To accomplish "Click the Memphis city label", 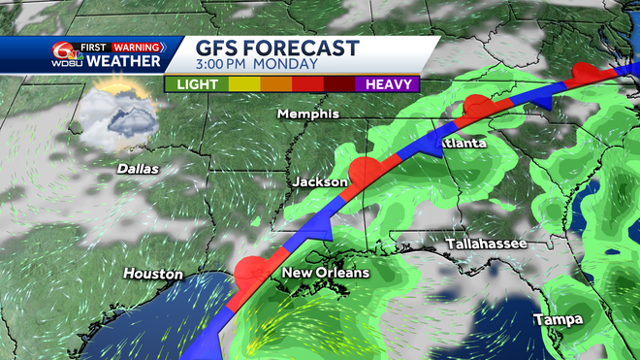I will click(307, 115).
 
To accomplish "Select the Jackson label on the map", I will click(320, 181).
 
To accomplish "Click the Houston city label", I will click(152, 275).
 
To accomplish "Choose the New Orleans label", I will click(325, 274).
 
